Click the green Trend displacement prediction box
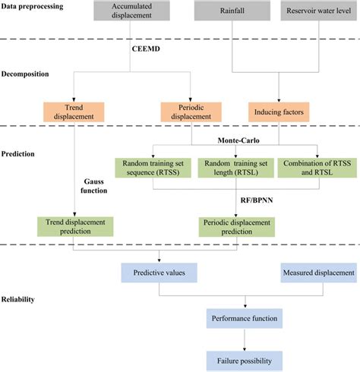tap(74, 225)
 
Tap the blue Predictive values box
tap(157, 271)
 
